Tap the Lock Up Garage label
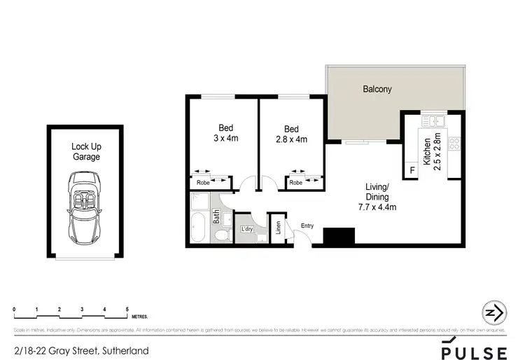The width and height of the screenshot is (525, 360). [x=85, y=152]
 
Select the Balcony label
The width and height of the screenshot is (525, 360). [x=377, y=89]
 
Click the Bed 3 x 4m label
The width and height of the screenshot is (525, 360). [x=225, y=133]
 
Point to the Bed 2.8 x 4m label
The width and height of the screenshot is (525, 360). [x=291, y=134]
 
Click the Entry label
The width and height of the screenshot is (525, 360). [x=307, y=225]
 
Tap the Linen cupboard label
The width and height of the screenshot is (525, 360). [x=277, y=228]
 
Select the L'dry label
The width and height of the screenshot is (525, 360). [x=246, y=229]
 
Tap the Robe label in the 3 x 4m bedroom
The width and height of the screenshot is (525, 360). [x=203, y=182]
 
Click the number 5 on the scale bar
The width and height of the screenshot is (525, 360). [x=127, y=309]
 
